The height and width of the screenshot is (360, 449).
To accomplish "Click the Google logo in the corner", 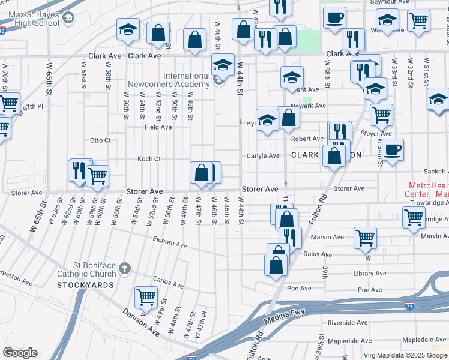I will pos(20,353).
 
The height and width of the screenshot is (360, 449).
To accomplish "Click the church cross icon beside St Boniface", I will pos(125,267).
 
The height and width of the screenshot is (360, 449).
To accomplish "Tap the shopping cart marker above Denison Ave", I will pos(146,296).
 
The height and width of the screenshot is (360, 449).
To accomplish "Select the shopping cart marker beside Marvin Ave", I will pos(365,238).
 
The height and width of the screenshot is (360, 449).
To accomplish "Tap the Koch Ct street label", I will pos(149,159).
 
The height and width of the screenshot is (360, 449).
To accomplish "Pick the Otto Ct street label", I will pos(100,140).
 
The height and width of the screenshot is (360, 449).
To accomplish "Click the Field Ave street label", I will pos(158,127).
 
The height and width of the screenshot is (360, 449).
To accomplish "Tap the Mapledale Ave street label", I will pos(424,340).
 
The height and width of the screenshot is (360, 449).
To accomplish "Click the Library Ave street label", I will pos(370,274).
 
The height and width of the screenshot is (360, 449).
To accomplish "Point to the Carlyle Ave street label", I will pos(263,156).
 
